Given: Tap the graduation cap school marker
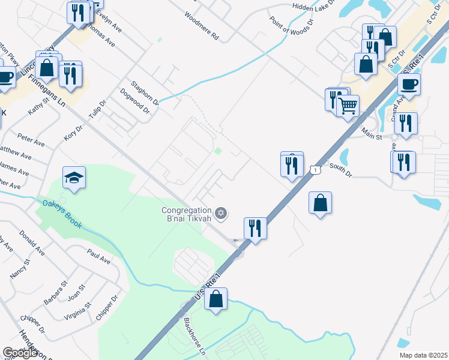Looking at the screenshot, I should [x=74, y=178].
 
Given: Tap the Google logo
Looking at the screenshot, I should [x=20, y=353].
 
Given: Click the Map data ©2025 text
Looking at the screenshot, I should [x=423, y=355].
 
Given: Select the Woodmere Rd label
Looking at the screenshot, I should [x=202, y=26].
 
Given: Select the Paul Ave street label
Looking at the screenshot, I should [x=98, y=257].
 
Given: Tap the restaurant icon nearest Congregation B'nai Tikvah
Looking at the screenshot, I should [x=255, y=229].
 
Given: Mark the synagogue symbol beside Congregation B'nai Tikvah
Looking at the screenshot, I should [x=221, y=212].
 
